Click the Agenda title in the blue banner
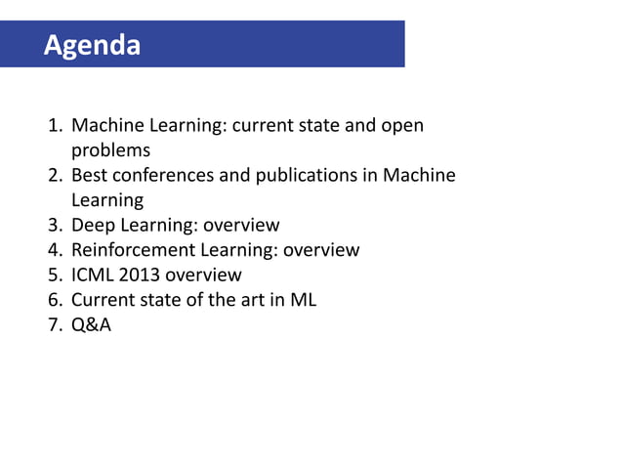tap(92, 45)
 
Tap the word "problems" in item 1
tap(110, 150)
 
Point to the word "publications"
tap(307, 176)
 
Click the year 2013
tap(143, 276)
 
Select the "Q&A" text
tap(91, 325)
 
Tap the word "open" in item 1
tap(402, 126)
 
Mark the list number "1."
tap(56, 126)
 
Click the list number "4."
tap(56, 250)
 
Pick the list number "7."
tap(56, 325)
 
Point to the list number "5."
tap(56, 276)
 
